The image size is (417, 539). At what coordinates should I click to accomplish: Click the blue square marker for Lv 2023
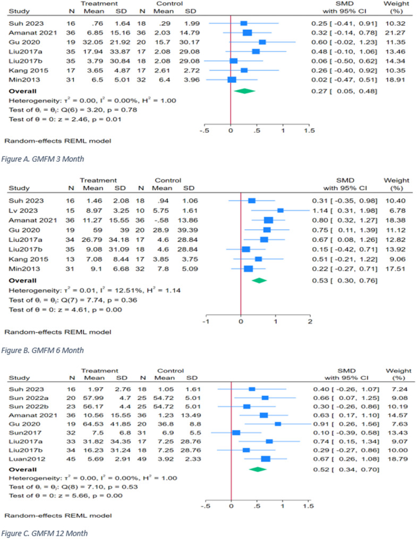(280, 210)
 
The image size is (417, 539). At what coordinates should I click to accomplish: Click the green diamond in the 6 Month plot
(259, 280)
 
